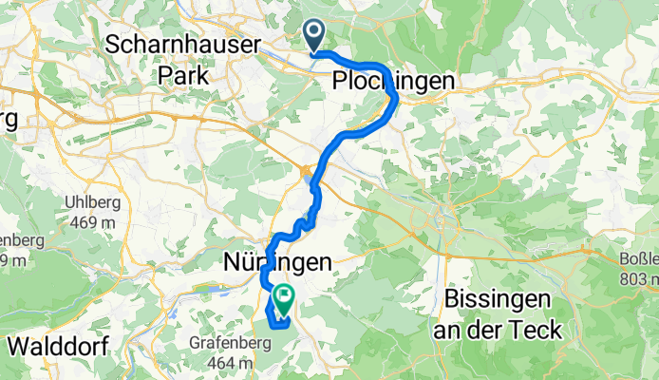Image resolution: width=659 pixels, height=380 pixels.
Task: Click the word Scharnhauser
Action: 173,43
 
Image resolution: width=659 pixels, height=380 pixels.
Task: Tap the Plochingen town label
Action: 393,83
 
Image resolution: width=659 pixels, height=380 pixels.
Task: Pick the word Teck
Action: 535,329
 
